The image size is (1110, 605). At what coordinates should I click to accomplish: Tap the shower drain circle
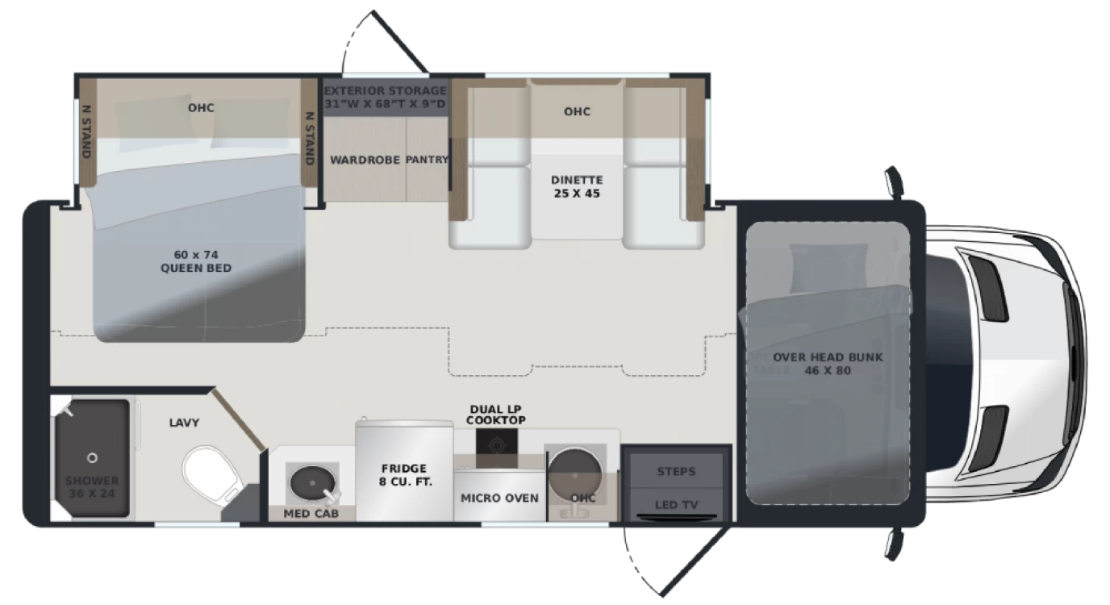click(92, 458)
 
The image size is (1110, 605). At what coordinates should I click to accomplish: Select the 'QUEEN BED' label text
click(196, 267)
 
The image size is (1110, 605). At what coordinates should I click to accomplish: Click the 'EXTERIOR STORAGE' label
click(385, 91)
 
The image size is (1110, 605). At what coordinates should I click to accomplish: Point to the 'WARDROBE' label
click(365, 160)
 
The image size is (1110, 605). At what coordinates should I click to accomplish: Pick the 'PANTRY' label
click(426, 160)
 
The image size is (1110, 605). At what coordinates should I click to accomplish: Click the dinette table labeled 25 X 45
click(576, 186)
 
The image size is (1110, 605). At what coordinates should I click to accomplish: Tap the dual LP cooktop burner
click(496, 442)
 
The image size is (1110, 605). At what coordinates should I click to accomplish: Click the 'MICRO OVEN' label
click(499, 498)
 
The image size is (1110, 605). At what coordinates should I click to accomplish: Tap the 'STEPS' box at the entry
click(676, 471)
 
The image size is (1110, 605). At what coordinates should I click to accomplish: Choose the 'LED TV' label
click(676, 505)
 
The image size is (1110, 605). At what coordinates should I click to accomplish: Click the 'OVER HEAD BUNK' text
click(828, 357)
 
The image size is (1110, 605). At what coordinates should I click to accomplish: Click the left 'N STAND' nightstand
click(86, 131)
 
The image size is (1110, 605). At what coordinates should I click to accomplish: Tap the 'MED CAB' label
click(311, 514)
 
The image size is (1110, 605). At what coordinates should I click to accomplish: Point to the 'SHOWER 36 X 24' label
click(91, 488)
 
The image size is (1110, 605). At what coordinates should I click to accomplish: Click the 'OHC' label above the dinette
click(577, 111)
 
